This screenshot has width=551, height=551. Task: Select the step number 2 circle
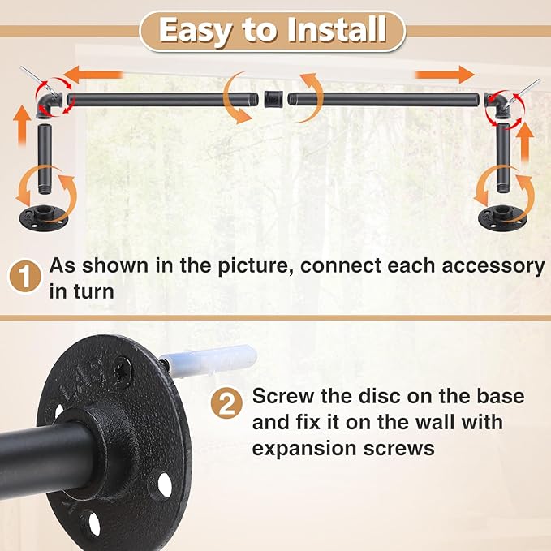pos(227,403)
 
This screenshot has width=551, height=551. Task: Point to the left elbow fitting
pos(54,101)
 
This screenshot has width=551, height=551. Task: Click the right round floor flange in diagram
pos(502,217)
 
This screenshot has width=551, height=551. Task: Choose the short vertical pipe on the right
pos(504,158)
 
